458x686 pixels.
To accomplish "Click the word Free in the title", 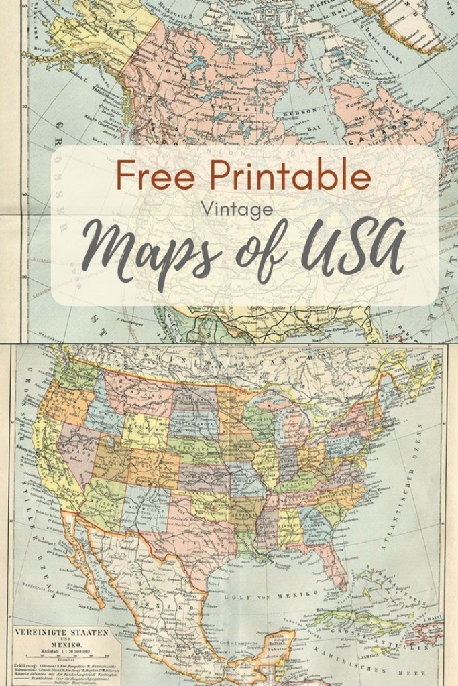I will pos(156,176).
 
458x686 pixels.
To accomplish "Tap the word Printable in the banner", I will pos(290,176).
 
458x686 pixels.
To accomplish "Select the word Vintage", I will pos(237,209).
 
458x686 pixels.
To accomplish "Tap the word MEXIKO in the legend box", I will pos(62,648).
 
